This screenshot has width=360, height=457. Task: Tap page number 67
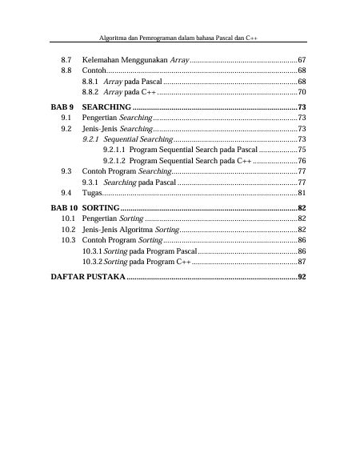pos(302,61)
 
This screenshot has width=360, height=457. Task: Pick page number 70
pos(302,94)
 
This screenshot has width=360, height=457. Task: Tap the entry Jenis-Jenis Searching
pos(115,128)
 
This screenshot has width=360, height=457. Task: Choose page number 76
pos(302,161)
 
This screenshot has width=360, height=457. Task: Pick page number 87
pos(302,262)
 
